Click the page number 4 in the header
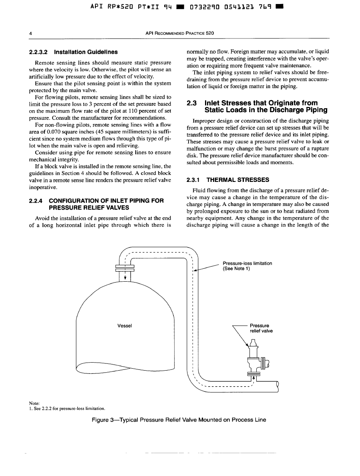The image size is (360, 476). (31, 33)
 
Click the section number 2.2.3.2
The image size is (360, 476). (38, 52)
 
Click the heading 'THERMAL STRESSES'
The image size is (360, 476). (232, 180)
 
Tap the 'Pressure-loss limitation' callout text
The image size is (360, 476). (247, 266)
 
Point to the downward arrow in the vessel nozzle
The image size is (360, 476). (125, 277)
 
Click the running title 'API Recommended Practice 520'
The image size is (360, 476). (180, 33)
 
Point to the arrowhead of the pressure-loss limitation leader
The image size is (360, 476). (195, 270)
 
